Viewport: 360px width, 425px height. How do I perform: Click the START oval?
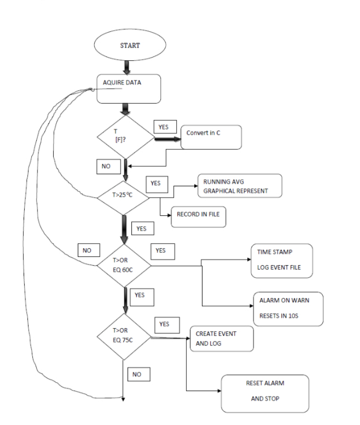126,45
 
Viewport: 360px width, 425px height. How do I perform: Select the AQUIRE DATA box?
129,89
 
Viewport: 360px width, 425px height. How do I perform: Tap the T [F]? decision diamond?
126,136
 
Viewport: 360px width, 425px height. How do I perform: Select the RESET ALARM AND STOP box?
265,393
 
